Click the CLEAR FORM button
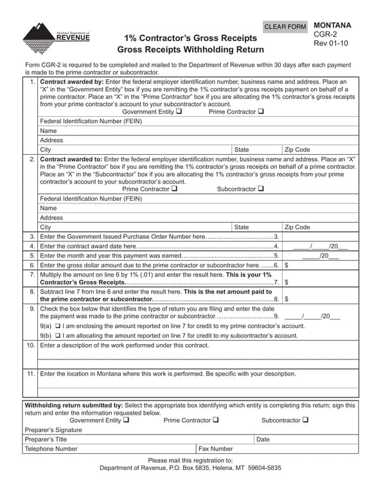pyautogui.click(x=286, y=27)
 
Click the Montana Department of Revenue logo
pyautogui.click(x=56, y=38)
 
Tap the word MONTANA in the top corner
pyautogui.click(x=332, y=26)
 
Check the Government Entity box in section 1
pyautogui.click(x=178, y=112)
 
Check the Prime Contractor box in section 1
pyautogui.click(x=260, y=112)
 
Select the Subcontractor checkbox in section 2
pyautogui.click(x=261, y=189)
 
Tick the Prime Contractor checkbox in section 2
pyautogui.click(x=174, y=189)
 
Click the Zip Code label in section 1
pyautogui.click(x=297, y=150)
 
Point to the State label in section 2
pyautogui.click(x=242, y=227)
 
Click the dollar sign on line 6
pyautogui.click(x=286, y=265)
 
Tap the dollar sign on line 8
pyautogui.click(x=286, y=298)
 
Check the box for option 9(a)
pyautogui.click(x=58, y=326)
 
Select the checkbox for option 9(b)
pyautogui.click(x=58, y=336)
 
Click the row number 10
pyautogui.click(x=30, y=345)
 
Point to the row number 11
pyautogui.click(x=30, y=374)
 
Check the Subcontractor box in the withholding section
pyautogui.click(x=305, y=420)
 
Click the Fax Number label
pyautogui.click(x=215, y=449)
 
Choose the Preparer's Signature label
pyautogui.click(x=53, y=430)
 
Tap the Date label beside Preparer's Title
pyautogui.click(x=263, y=440)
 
